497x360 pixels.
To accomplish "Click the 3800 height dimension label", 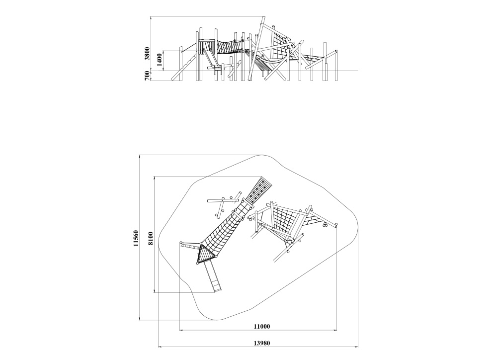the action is point(147,54).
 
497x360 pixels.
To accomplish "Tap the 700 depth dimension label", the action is point(147,76).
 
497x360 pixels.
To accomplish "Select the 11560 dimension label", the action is point(136,238).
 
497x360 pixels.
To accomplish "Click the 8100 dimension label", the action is point(151,238).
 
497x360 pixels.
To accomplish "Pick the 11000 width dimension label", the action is point(262,326).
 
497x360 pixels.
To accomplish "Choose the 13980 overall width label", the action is point(262,343).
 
